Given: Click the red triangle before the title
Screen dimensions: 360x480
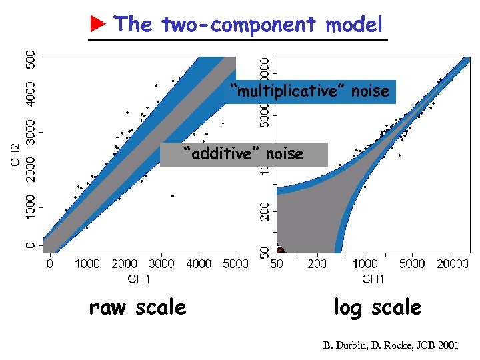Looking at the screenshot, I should click(x=98, y=25).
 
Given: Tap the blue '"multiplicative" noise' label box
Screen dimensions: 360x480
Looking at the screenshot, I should click(x=309, y=91).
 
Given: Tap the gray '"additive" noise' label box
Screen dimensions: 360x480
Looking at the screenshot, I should click(x=243, y=155).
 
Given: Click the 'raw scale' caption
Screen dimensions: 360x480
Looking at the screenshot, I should click(x=137, y=307).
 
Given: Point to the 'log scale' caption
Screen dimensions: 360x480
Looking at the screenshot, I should click(x=377, y=307).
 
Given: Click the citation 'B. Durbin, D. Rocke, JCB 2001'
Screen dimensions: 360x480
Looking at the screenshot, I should click(x=391, y=345).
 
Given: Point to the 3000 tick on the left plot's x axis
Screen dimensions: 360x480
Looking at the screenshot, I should click(x=161, y=265).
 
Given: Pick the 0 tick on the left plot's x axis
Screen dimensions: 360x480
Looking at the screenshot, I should click(x=49, y=265).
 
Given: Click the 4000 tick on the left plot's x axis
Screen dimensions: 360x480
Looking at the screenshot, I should click(x=199, y=265).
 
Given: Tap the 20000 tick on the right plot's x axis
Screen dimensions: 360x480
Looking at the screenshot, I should click(x=452, y=265).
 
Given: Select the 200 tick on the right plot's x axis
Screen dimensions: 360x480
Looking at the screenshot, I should click(x=317, y=265).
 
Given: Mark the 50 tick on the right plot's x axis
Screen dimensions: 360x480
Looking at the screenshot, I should click(x=277, y=265).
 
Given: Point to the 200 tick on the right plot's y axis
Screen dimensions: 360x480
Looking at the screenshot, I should click(x=265, y=212).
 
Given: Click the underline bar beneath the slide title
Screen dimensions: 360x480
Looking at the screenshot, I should click(x=238, y=39).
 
